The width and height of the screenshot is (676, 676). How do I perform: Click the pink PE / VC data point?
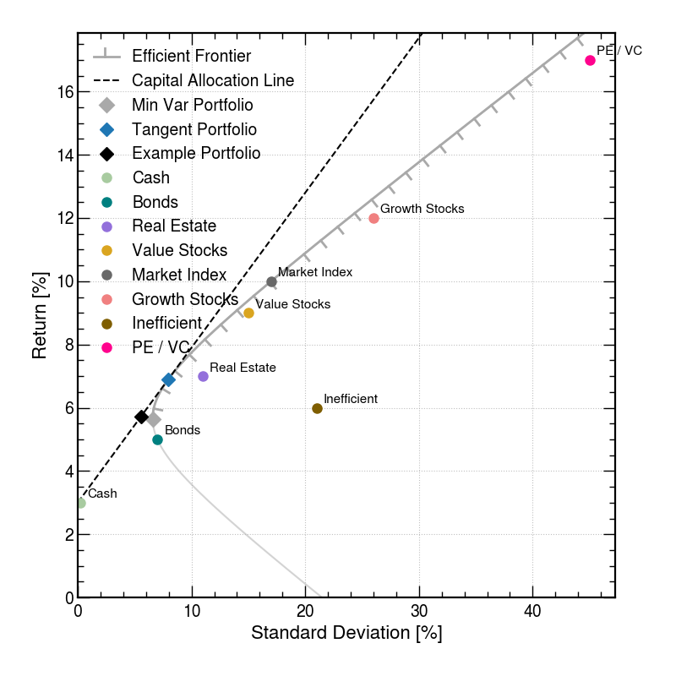[590, 60]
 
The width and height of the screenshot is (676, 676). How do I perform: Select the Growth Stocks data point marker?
[373, 218]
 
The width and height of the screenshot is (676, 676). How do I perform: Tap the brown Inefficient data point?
[317, 408]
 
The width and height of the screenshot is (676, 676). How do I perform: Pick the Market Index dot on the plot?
[271, 281]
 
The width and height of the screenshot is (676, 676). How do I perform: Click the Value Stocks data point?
[248, 313]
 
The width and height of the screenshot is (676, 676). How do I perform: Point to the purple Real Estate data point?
[203, 376]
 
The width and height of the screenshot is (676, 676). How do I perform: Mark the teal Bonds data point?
[157, 439]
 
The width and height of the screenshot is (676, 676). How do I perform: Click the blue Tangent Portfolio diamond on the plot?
[168, 379]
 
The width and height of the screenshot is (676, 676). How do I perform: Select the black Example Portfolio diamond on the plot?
[141, 417]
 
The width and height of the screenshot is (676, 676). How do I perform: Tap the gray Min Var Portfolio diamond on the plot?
[154, 419]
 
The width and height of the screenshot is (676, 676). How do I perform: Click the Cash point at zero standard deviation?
[81, 503]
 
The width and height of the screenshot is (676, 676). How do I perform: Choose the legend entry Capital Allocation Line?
[213, 81]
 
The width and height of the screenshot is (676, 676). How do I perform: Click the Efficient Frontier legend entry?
[191, 57]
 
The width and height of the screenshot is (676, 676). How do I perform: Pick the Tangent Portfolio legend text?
[194, 130]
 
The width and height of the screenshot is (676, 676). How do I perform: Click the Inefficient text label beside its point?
[351, 398]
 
